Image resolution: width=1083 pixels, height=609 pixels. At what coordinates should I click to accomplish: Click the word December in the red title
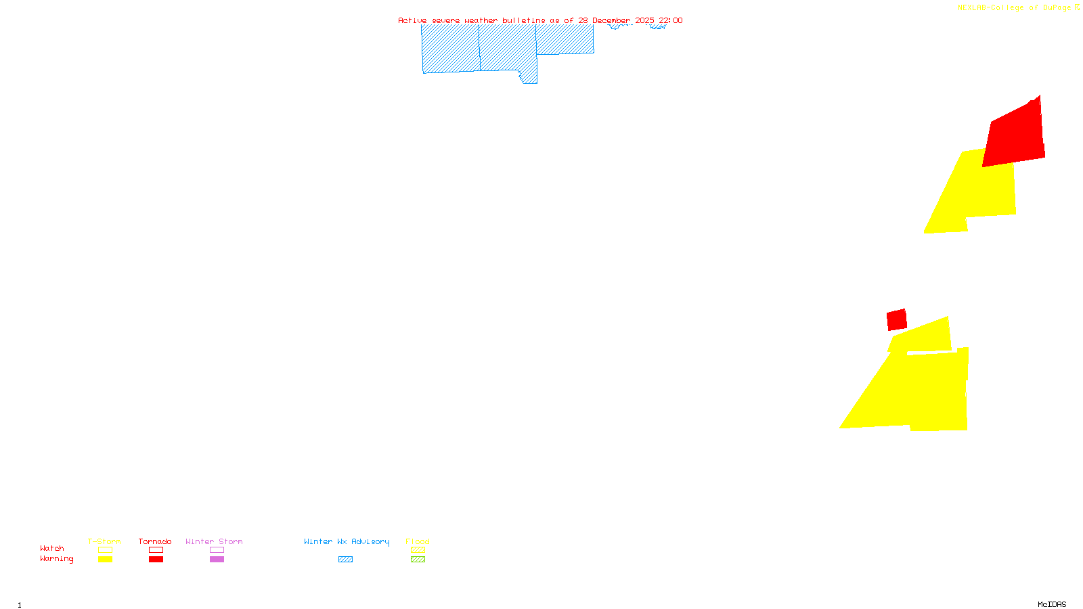[611, 20]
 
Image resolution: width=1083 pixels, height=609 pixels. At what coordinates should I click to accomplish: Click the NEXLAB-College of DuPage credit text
[1014, 7]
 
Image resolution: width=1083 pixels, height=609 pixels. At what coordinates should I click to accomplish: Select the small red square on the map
[897, 319]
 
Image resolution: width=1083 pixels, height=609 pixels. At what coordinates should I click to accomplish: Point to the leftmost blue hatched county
[450, 49]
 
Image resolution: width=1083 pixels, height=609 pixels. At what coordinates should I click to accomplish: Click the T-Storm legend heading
[104, 541]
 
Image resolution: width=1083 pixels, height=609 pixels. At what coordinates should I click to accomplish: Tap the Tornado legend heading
[155, 541]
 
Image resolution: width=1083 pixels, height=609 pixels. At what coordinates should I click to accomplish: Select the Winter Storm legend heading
[214, 541]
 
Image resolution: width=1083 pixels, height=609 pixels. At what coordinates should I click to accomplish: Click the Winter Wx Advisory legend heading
[347, 541]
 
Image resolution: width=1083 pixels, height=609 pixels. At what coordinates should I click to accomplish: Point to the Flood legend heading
[418, 541]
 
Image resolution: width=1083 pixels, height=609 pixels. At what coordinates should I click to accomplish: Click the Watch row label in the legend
[52, 548]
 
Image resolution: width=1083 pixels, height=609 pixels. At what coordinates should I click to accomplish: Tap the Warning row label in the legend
[57, 559]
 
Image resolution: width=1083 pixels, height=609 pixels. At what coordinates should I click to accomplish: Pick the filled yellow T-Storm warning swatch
[105, 560]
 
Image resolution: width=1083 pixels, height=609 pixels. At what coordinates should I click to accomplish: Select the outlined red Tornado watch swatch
[156, 550]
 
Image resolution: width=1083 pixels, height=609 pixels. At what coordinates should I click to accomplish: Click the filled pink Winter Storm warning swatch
[217, 560]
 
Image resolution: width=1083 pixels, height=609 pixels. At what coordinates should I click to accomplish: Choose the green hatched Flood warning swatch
[418, 560]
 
